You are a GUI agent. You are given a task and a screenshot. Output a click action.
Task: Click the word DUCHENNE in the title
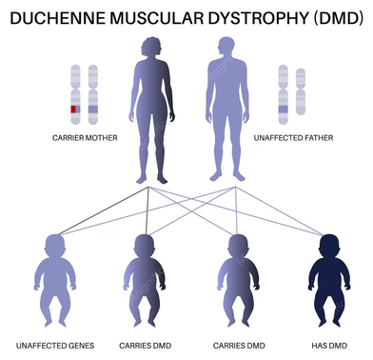57,18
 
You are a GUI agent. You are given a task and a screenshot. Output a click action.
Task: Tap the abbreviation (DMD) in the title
339,18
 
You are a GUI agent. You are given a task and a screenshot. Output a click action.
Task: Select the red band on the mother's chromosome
73,110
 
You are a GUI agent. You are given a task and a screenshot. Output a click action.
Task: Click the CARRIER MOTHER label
85,138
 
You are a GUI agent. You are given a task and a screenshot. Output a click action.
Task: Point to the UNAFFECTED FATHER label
293,138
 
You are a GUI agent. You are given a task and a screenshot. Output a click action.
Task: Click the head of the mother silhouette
151,47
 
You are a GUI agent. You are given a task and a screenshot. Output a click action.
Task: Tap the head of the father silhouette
226,47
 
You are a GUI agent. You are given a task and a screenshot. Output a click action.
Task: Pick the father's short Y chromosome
301,91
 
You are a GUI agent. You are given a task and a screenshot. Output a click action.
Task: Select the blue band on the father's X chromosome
284,110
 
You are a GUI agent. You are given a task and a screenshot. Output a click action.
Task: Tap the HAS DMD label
329,346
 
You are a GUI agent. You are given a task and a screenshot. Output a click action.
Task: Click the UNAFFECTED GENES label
55,346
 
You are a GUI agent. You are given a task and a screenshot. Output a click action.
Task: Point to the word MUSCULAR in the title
157,18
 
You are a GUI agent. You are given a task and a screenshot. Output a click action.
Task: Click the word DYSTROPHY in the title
259,18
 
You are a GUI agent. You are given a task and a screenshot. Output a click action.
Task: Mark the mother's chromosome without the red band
93,94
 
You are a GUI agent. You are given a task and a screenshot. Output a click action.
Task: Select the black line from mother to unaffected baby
103,211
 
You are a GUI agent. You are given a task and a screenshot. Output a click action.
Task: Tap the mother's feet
152,179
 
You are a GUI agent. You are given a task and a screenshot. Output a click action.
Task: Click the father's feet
226,176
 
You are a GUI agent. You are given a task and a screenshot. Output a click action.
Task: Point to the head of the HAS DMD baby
329,246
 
